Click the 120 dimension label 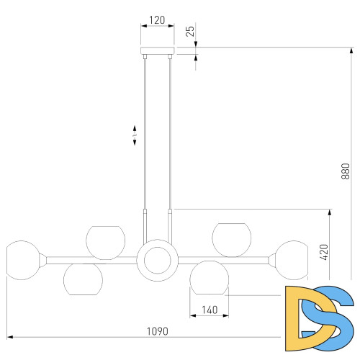157,20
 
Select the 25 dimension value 190,31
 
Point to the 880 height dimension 346,171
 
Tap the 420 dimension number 324,252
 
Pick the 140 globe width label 210,310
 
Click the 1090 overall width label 158,331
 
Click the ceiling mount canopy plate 158,50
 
